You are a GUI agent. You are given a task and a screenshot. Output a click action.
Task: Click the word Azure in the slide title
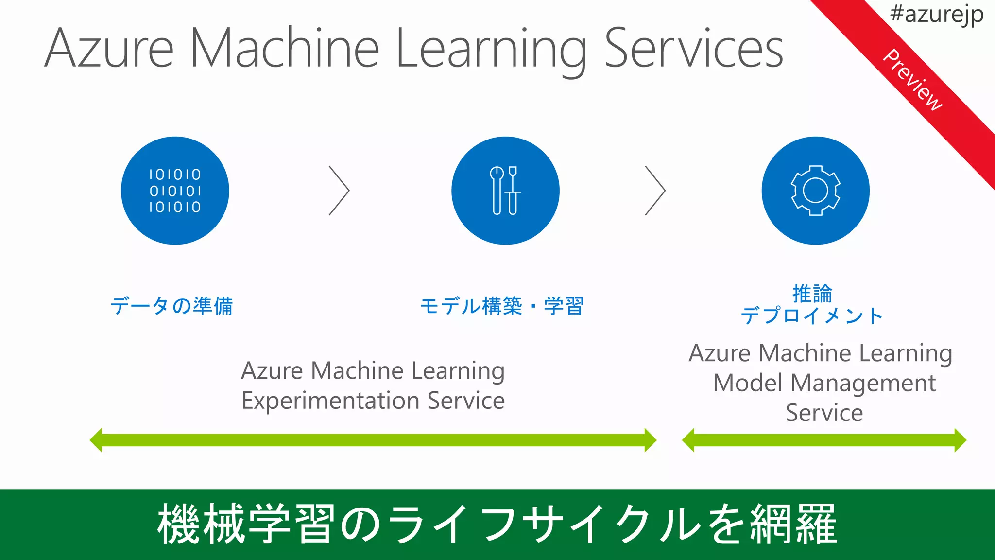tap(109, 49)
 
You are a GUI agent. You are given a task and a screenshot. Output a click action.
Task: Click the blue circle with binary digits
tap(175, 191)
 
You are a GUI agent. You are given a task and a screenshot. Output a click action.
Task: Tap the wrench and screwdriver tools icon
tap(505, 191)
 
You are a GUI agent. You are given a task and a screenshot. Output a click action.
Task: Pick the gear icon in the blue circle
tap(815, 191)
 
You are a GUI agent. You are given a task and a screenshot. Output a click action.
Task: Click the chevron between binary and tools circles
tap(339, 191)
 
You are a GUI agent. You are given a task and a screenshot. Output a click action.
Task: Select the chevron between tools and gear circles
tap(655, 191)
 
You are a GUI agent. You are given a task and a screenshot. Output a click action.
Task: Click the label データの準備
tap(172, 306)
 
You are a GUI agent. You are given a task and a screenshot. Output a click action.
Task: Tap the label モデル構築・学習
tap(501, 306)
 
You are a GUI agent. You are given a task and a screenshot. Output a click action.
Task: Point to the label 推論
tap(812, 294)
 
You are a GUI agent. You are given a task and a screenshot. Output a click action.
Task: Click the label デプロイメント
tap(811, 316)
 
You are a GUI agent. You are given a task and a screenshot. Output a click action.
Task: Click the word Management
tap(863, 383)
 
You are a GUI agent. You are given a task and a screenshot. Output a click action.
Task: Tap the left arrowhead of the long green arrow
tap(96, 440)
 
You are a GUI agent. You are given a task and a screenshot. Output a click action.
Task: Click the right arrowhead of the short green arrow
tap(960, 440)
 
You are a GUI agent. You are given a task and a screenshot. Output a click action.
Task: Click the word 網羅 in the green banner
tap(793, 524)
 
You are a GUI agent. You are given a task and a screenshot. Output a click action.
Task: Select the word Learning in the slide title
tap(491, 49)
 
